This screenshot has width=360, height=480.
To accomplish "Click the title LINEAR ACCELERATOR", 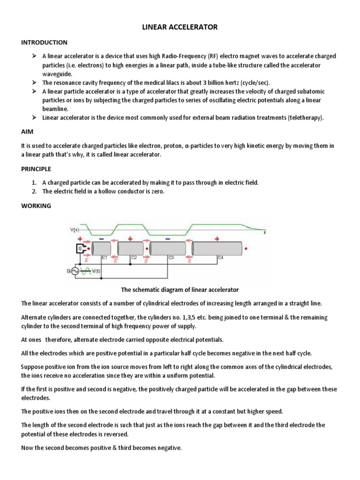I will pos(180,28).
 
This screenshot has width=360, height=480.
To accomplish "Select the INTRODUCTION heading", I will pos(45,43).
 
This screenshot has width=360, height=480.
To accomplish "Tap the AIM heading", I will pos(28,133).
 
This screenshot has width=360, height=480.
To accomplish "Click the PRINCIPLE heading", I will pos(36,169).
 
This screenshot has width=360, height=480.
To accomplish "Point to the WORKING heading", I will pos(36,206).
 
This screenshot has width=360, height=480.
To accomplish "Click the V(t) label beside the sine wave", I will pos(95,271).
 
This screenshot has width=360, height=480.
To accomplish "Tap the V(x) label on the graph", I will pos(74,230).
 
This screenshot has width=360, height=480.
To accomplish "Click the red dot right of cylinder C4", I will pos(247,248).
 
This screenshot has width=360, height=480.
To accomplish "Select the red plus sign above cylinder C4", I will pos(217,239).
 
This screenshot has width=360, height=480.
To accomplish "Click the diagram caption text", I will pos(180,290).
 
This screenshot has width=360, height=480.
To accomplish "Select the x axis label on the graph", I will pos(265,232).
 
